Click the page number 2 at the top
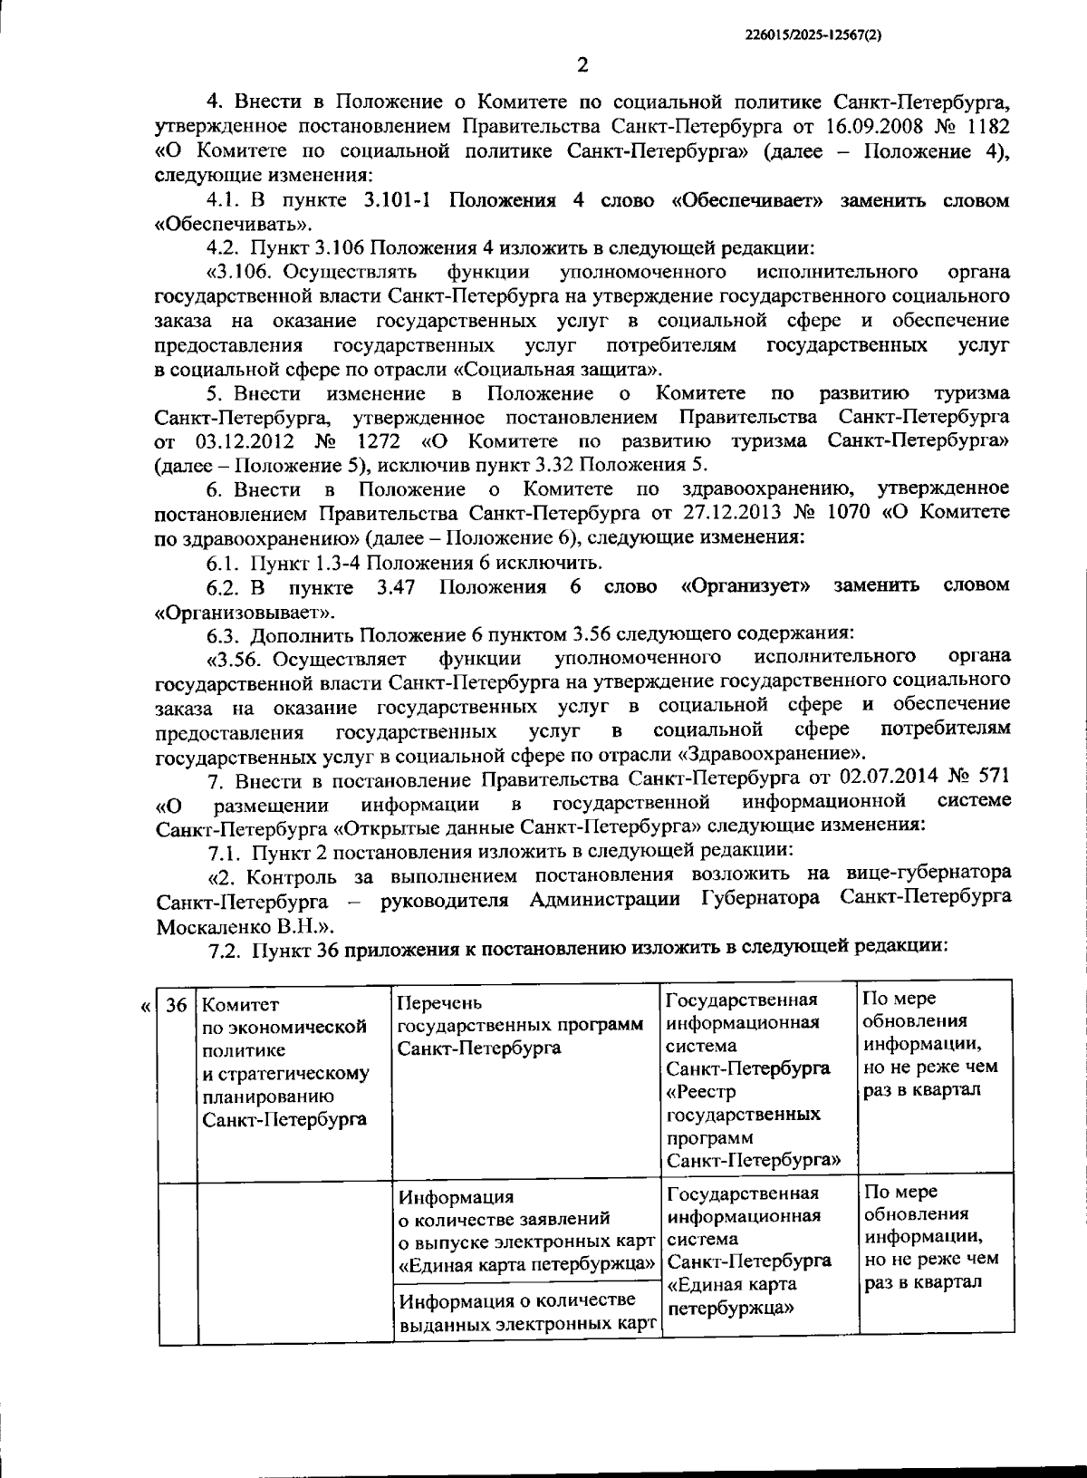(x=582, y=64)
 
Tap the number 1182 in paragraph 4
(x=986, y=126)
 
